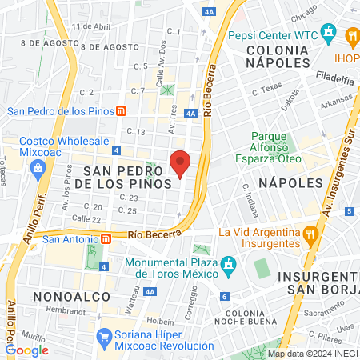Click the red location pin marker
tap(181, 163)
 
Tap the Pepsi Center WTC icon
tap(328, 34)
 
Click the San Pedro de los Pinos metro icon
tap(121, 111)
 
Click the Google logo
tap(27, 350)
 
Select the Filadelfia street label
tap(335, 79)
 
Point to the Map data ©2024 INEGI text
tap(312, 354)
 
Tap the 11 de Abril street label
tap(90, 26)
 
